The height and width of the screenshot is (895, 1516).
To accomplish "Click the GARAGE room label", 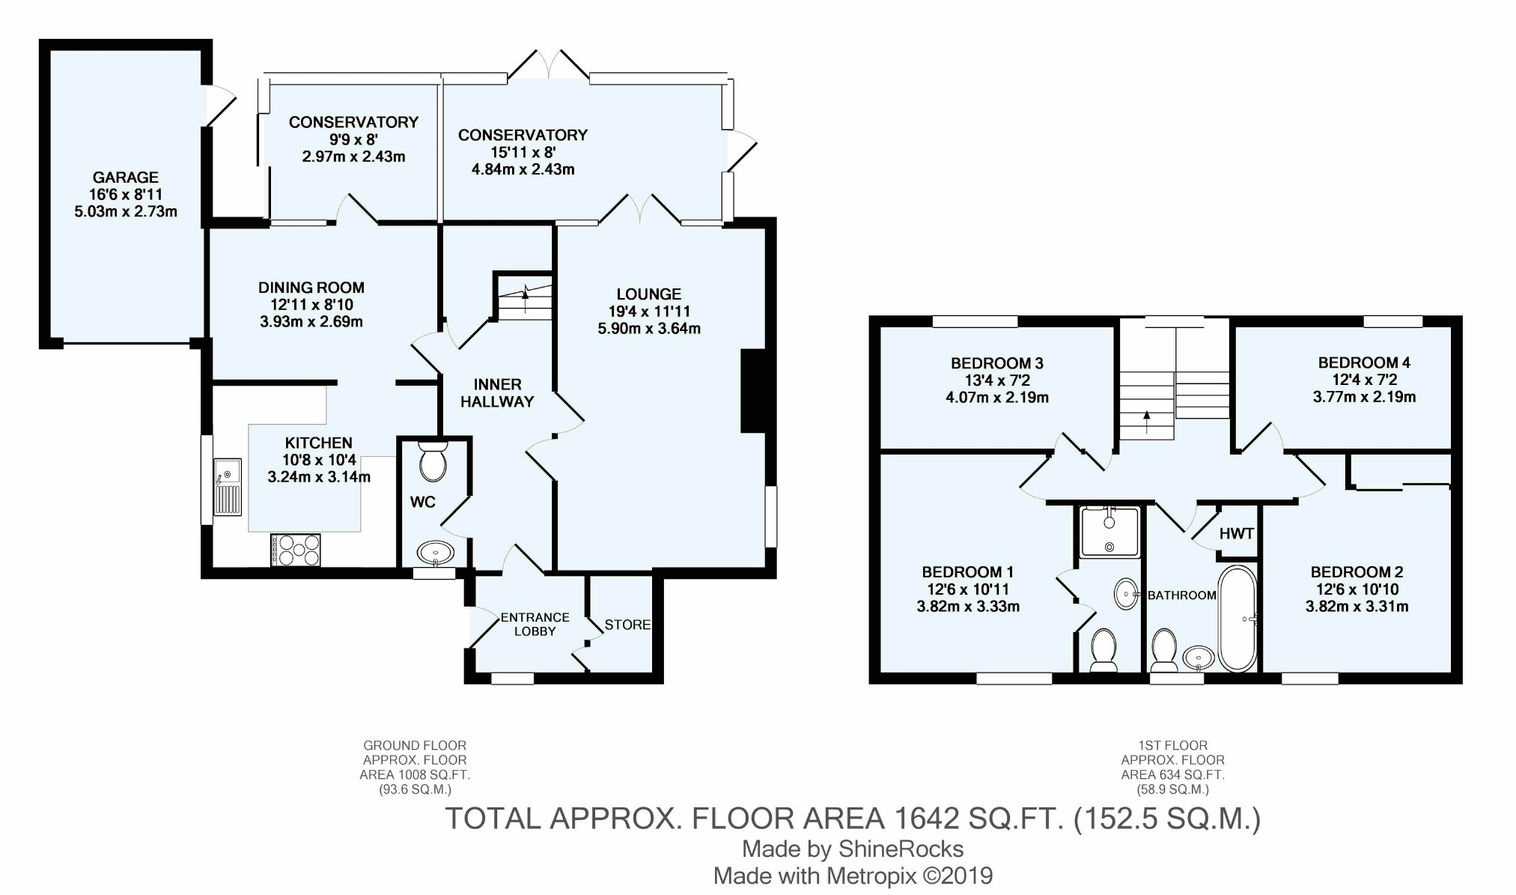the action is click(126, 178).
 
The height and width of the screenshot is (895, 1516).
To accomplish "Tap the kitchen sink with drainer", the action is click(228, 487).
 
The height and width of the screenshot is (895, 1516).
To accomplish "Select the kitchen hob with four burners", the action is click(296, 549).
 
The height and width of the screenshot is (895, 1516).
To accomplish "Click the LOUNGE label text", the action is click(649, 294).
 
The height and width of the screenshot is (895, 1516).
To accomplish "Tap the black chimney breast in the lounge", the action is click(753, 391).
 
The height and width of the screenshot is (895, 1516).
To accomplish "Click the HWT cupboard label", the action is click(1237, 534).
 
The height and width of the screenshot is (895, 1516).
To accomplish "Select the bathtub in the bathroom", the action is click(1238, 619).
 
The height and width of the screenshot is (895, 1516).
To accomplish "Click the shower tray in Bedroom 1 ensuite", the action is click(1110, 532).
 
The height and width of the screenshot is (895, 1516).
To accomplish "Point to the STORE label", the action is click(627, 625).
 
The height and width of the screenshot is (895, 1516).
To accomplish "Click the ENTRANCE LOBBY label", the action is click(535, 624).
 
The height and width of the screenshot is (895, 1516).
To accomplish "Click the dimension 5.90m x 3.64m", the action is click(649, 328).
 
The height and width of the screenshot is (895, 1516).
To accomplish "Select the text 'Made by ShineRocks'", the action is click(853, 849).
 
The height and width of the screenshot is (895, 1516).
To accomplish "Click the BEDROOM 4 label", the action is click(1364, 362).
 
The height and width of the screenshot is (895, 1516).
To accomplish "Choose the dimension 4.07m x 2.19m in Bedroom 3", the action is click(997, 398).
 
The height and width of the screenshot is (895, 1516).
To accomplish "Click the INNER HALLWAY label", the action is click(497, 392).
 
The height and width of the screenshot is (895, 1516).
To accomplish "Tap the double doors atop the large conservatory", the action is click(550, 64).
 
